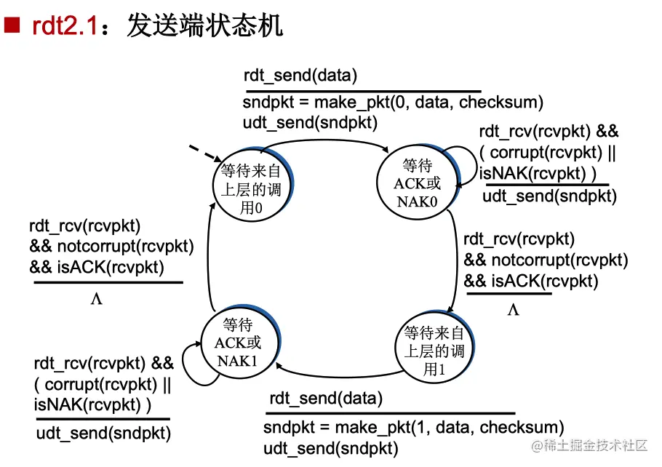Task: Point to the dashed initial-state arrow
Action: [x=206, y=153]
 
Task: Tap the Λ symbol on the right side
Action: [x=513, y=311]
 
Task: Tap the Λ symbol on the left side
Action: [x=96, y=299]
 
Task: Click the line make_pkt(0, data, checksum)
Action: [x=393, y=103]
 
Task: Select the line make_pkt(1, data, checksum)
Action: [x=413, y=427]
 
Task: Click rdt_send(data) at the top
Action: [x=300, y=76]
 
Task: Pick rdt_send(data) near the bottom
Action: [x=325, y=399]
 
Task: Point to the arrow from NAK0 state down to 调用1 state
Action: [x=454, y=262]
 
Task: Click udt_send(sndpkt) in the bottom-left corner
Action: [x=103, y=434]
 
